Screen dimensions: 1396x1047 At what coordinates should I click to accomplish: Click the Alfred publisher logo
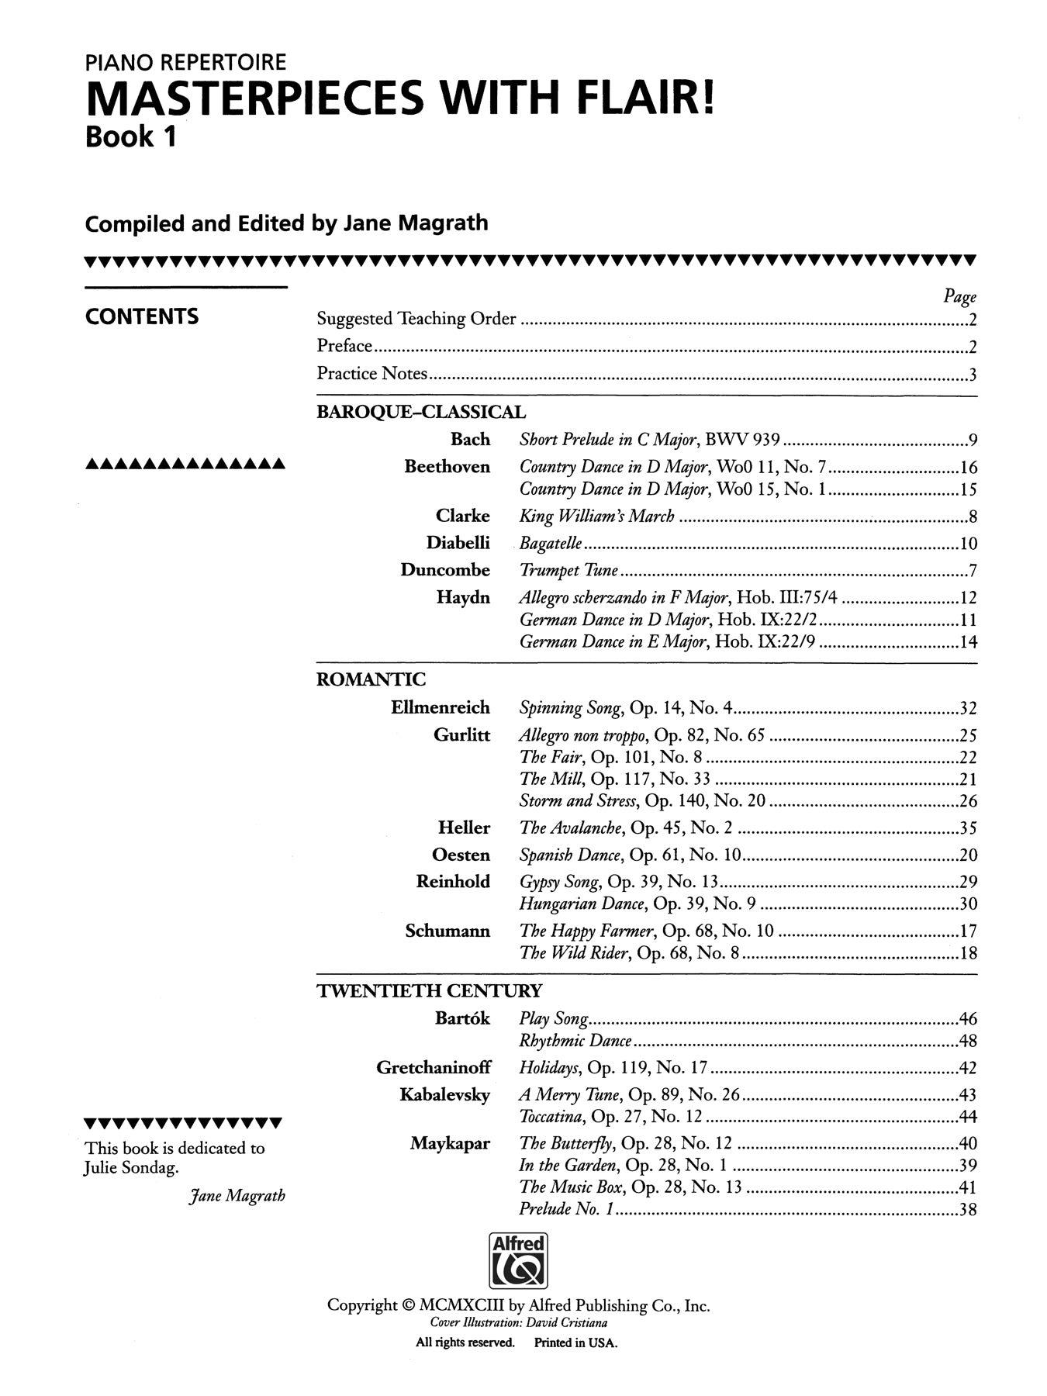point(518,1260)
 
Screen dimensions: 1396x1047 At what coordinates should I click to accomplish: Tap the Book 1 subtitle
point(130,137)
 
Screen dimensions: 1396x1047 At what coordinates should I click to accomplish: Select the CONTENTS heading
point(142,316)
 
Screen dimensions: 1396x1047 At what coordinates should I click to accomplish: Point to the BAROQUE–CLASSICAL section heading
point(420,412)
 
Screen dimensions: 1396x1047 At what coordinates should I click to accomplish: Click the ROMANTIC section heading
point(371,679)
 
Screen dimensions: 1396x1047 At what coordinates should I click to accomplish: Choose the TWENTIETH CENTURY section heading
point(429,990)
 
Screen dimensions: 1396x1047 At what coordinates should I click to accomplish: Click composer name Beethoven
point(447,467)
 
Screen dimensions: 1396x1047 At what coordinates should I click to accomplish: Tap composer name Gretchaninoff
point(433,1067)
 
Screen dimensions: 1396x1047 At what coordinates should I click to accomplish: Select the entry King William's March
point(596,517)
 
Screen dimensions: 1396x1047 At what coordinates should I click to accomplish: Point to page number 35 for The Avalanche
point(967,828)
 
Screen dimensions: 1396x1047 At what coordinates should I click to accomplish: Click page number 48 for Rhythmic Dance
point(967,1041)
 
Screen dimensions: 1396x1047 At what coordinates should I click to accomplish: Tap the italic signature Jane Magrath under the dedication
point(237,1195)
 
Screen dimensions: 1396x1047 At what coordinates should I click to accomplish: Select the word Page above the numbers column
point(959,296)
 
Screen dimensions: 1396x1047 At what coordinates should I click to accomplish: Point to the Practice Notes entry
point(371,374)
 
